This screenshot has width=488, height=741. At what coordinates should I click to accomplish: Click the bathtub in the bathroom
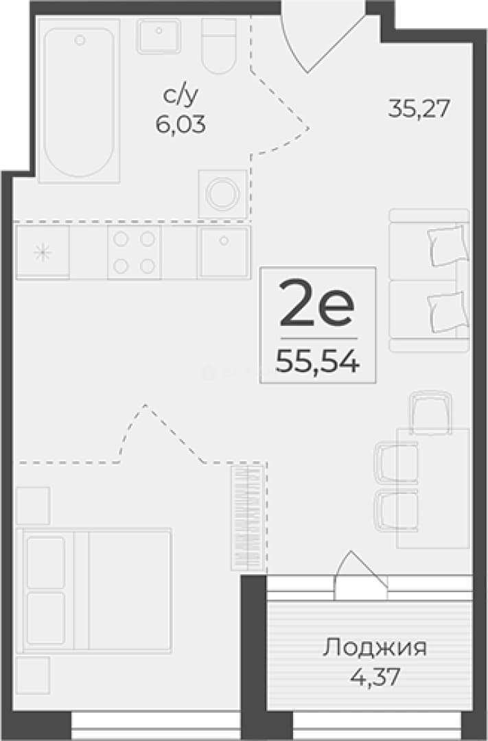(79, 101)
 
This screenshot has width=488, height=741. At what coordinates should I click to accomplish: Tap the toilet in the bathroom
(218, 46)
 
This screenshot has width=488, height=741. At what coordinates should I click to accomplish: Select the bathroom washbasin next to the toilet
(159, 36)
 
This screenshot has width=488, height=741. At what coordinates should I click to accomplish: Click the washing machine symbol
(222, 193)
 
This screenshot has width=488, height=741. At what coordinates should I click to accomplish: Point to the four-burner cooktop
(135, 252)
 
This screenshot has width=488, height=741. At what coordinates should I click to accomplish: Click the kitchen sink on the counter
(224, 252)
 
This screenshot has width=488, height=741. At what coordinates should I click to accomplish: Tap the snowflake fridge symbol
(43, 252)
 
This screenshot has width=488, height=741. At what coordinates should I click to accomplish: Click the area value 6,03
(180, 125)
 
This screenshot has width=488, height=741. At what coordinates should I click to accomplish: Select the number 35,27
(418, 108)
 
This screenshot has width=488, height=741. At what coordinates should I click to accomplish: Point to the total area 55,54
(318, 362)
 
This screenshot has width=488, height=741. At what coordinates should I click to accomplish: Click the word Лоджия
(375, 648)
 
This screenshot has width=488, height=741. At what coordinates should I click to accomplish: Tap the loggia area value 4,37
(375, 677)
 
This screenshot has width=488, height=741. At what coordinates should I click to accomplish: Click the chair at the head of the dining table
(431, 411)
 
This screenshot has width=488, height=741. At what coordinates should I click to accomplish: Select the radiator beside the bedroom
(247, 518)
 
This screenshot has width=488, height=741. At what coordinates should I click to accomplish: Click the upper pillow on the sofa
(448, 246)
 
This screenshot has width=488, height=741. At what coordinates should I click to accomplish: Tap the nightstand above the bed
(33, 506)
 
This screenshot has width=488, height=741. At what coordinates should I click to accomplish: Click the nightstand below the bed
(33, 675)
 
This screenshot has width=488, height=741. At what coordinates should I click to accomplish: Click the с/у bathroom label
(180, 96)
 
